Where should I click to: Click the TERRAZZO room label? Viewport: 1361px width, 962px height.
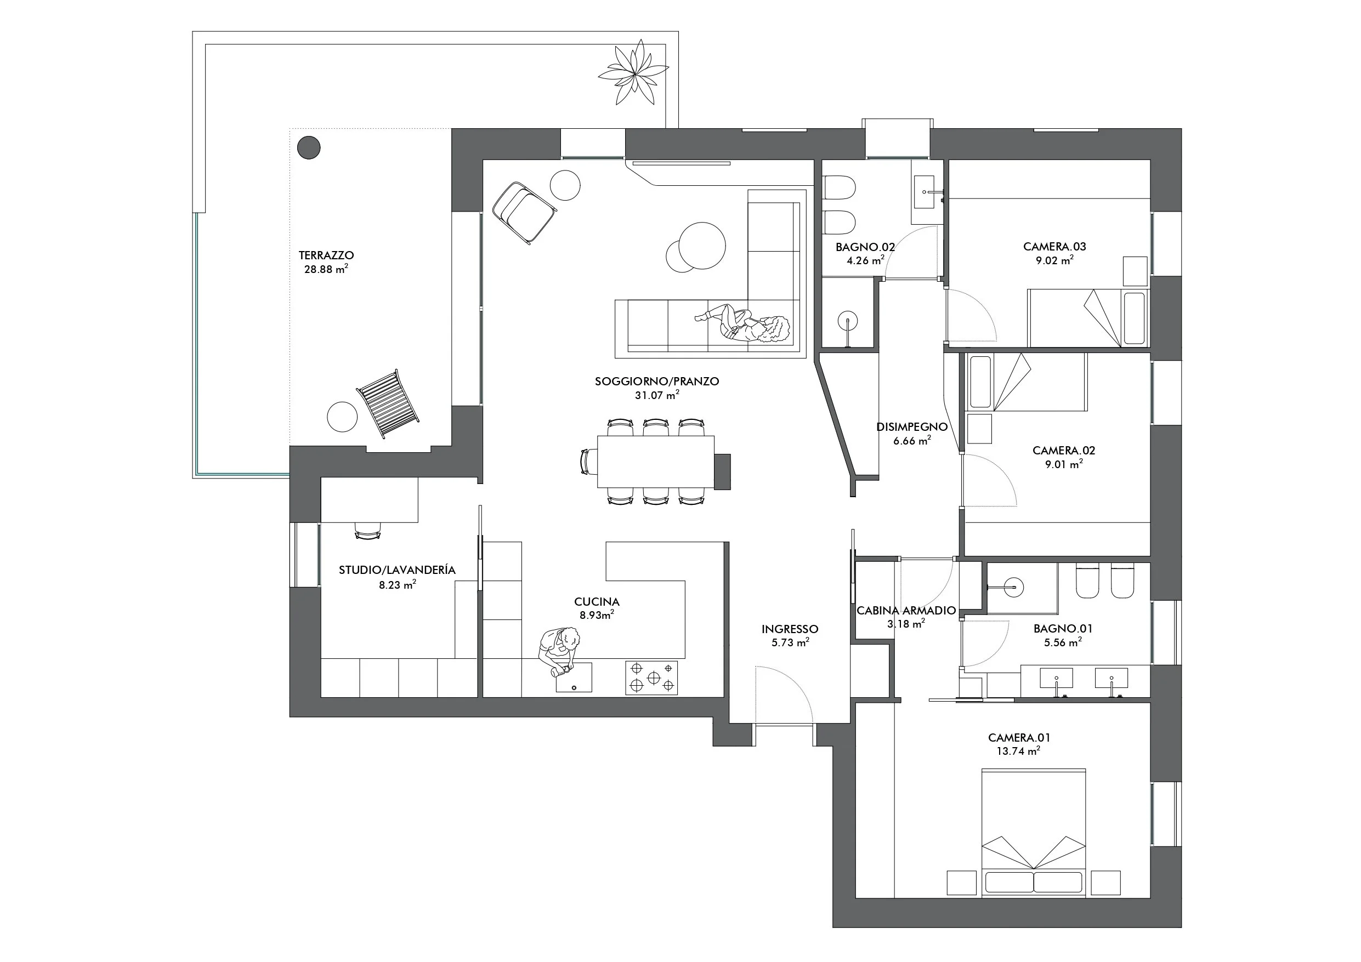pyautogui.click(x=326, y=255)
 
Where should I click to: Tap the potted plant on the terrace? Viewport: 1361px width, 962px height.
pyautogui.click(x=633, y=73)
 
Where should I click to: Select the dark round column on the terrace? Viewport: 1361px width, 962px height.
pyautogui.click(x=308, y=147)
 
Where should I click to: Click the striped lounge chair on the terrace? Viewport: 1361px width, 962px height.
pyautogui.click(x=388, y=403)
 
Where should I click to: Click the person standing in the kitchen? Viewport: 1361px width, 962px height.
pyautogui.click(x=557, y=651)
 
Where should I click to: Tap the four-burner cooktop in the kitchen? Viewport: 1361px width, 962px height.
pyautogui.click(x=651, y=678)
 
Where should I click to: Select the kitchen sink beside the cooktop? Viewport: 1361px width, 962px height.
pyautogui.click(x=574, y=677)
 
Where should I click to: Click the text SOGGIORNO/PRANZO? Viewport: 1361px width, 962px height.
pyautogui.click(x=657, y=382)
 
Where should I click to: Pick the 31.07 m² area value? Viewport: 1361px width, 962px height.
pyautogui.click(x=657, y=395)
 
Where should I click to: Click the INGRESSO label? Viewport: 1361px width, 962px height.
pyautogui.click(x=790, y=629)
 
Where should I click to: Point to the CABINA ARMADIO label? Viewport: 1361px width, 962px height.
pyautogui.click(x=906, y=611)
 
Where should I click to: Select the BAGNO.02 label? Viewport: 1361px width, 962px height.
pyautogui.click(x=865, y=247)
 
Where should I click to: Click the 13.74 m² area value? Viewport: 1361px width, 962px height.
pyautogui.click(x=1018, y=751)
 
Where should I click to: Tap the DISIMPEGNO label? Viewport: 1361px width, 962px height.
pyautogui.click(x=912, y=427)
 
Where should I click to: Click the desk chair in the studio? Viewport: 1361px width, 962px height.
pyautogui.click(x=367, y=530)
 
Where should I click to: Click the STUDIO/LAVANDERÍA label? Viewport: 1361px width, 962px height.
pyautogui.click(x=397, y=570)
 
